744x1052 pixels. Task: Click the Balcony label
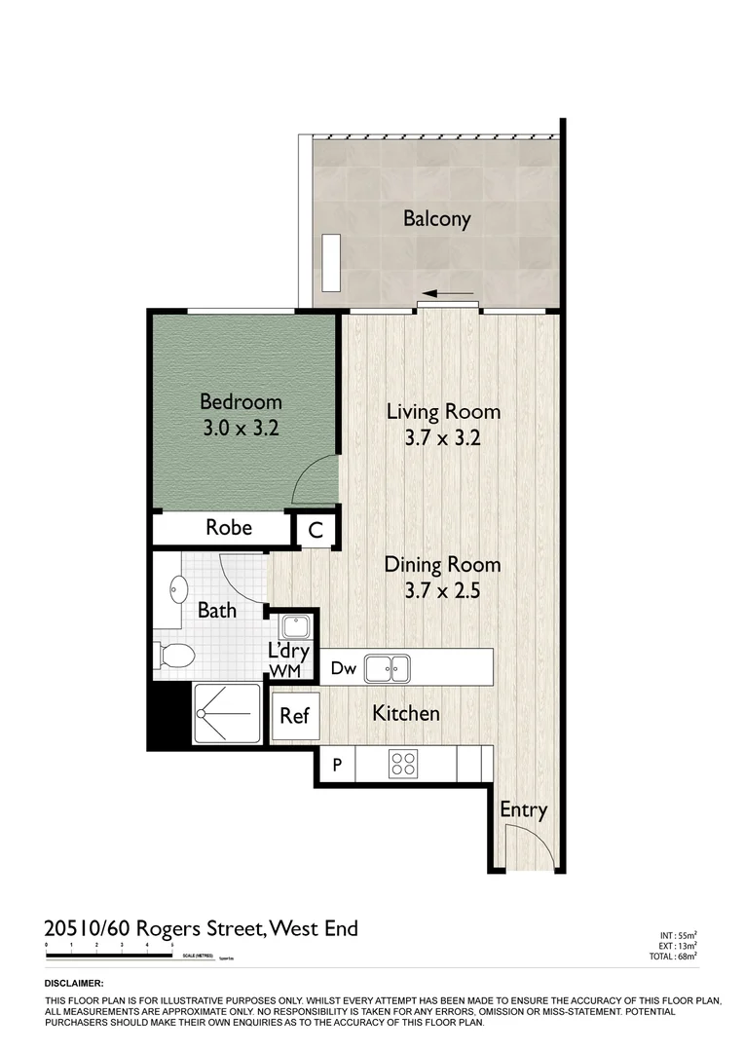(436, 218)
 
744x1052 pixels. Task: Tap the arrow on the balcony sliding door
(448, 293)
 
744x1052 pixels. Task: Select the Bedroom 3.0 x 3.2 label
(241, 413)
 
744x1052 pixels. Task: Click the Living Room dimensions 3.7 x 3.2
(442, 438)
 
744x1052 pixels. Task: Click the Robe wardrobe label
(229, 528)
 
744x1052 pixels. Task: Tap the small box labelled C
(316, 531)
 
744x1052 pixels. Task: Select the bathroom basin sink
(178, 589)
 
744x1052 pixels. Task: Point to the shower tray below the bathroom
(227, 713)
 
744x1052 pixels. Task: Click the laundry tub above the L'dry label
(293, 624)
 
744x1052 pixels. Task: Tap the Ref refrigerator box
(294, 716)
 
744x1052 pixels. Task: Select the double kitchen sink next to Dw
(387, 668)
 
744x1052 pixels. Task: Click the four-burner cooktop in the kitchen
(403, 764)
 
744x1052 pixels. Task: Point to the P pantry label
(337, 765)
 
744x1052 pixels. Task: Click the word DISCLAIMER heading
(74, 984)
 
